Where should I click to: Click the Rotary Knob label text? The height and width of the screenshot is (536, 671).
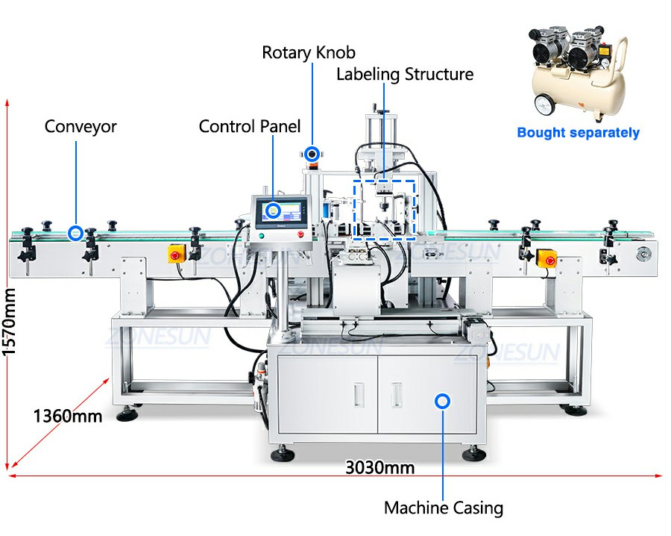pos(309,53)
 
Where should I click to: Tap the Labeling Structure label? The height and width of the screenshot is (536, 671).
pos(405,74)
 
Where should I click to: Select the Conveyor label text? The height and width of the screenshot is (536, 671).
pos(81,126)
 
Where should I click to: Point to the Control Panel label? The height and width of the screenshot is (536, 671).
pos(250,126)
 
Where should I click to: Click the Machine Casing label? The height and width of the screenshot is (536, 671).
pos(444,508)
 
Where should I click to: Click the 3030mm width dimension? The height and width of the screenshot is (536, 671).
pos(380,467)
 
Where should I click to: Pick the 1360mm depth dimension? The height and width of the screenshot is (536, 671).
pos(68,416)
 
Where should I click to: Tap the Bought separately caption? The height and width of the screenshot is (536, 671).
pos(578,133)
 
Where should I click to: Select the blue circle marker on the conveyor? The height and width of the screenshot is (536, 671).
pos(76,233)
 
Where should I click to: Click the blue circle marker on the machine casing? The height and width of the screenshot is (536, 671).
pos(442,402)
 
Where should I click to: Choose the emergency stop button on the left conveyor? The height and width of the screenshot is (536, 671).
pos(175,255)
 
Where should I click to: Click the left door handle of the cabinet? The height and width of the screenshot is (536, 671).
pos(359,395)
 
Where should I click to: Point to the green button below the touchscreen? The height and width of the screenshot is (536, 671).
pos(261,236)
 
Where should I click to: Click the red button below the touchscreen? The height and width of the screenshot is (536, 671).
pos(300,234)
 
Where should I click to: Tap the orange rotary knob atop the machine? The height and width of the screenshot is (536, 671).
pos(312,155)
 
